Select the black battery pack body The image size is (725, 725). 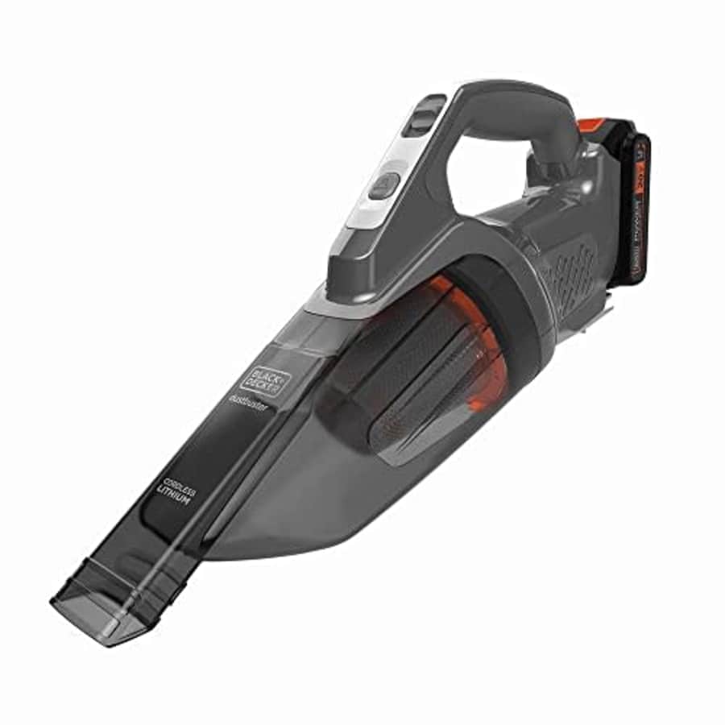pyautogui.click(x=624, y=209)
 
